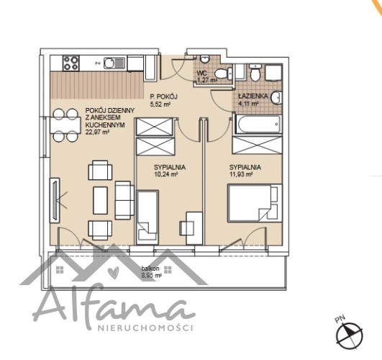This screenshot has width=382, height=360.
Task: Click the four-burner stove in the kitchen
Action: click(x=71, y=63)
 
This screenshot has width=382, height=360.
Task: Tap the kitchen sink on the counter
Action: click(x=114, y=63)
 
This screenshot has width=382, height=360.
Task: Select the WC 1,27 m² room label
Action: click(x=206, y=76)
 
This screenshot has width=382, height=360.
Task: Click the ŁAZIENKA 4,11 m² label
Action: click(x=253, y=99)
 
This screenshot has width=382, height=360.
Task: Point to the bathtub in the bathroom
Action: click(x=258, y=125)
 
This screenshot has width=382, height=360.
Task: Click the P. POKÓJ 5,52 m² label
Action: click(x=163, y=100)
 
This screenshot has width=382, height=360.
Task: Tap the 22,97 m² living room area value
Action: click(x=97, y=132)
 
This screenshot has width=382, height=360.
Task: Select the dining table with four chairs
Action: click(x=65, y=125)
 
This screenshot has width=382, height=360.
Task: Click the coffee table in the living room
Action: click(x=101, y=200)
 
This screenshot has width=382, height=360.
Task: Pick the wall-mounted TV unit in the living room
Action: click(x=55, y=200)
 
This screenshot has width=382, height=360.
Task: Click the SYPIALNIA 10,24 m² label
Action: click(x=170, y=171)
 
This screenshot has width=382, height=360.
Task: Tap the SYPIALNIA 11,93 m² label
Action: click(x=245, y=171)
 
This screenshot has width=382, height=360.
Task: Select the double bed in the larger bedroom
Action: click(x=255, y=203)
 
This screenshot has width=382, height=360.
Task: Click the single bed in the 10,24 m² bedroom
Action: click(x=147, y=217)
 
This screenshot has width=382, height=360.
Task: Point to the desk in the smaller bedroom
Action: click(x=194, y=228)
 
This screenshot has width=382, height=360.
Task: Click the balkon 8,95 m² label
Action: click(x=151, y=272)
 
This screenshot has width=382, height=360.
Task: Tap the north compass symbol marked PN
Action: click(x=349, y=334)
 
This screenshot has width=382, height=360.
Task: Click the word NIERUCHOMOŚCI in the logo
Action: click(x=145, y=328)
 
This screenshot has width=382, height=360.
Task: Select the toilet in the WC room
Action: click(x=224, y=73)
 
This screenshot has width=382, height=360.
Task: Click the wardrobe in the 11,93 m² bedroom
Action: click(x=258, y=145)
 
